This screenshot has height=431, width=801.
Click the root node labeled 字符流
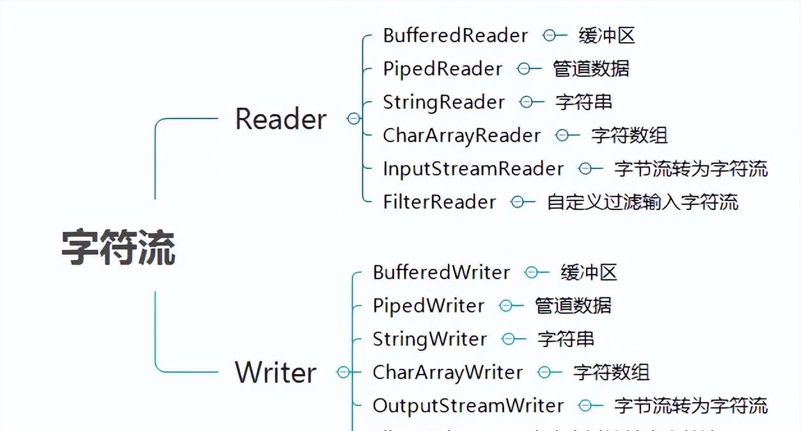[x=119, y=247]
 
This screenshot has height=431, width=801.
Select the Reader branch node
[x=281, y=119]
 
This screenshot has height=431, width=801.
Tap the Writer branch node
[x=276, y=372]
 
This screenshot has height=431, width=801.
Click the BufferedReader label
[x=456, y=35]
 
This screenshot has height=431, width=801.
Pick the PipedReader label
[x=443, y=69]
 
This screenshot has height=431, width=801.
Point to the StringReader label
[x=443, y=102]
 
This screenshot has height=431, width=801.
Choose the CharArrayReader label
[x=461, y=135]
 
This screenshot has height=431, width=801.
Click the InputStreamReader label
[x=473, y=168]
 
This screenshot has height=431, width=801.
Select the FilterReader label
[x=439, y=202]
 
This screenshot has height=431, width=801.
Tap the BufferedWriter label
[x=441, y=272]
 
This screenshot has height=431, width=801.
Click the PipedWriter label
[x=429, y=305]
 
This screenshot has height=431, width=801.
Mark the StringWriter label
[x=430, y=339]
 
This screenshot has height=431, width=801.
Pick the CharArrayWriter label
[x=447, y=372]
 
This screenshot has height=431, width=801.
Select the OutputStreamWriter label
[x=468, y=405]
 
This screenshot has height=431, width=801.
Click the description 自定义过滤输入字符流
[x=642, y=202]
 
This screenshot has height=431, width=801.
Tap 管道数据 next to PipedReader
[x=591, y=69]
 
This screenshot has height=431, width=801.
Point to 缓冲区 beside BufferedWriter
[x=589, y=272]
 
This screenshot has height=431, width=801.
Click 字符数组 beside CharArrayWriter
[x=612, y=372]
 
